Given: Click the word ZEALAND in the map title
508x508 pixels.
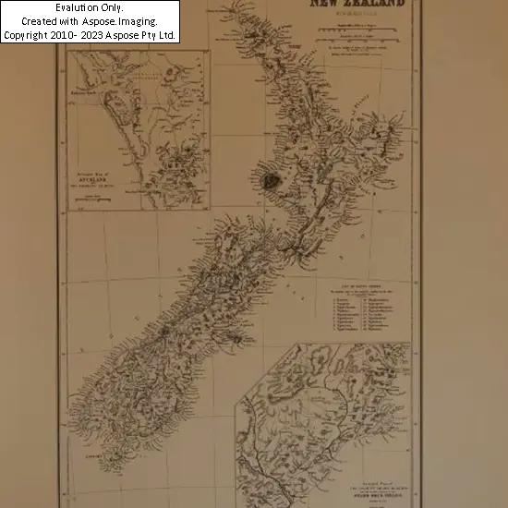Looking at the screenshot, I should point(378,5).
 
